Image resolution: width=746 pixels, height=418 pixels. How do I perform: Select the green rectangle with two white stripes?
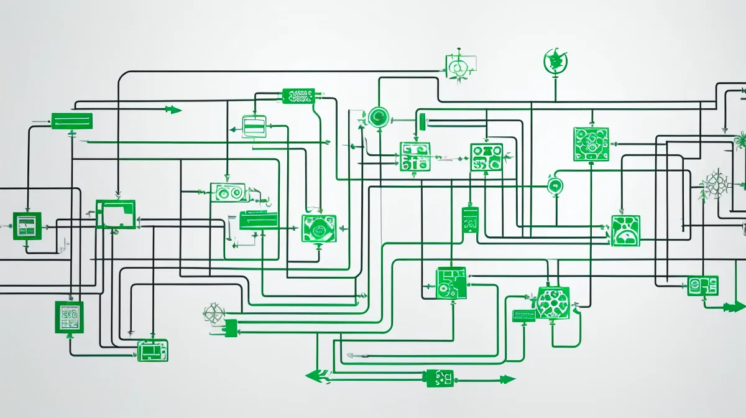click(71, 121)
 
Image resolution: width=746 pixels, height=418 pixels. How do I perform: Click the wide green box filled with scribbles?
click(298, 96)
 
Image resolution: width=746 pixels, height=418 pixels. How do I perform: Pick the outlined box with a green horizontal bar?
click(254, 126)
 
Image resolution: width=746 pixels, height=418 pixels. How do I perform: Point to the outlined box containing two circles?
click(228, 193)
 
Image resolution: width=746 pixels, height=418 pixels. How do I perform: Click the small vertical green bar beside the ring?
click(422, 121)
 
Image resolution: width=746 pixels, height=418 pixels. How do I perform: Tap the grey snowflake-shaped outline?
click(716, 185)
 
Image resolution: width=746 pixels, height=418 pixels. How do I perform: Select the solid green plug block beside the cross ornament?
click(231, 327)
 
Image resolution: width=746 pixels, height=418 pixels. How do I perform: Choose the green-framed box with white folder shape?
click(116, 214)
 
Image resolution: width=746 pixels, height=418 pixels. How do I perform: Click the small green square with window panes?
click(27, 226)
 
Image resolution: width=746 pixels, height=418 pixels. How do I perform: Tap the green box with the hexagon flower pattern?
click(552, 304)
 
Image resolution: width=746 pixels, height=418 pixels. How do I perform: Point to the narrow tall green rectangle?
click(470, 221)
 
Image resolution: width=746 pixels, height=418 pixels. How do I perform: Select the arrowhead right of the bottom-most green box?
click(507, 379)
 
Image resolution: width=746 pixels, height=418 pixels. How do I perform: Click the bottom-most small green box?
click(439, 378)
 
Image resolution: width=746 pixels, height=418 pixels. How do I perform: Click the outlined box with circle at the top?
click(460, 65)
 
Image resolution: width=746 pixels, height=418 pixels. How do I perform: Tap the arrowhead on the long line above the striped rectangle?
click(173, 110)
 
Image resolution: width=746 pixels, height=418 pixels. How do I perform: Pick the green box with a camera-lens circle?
click(319, 228)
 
